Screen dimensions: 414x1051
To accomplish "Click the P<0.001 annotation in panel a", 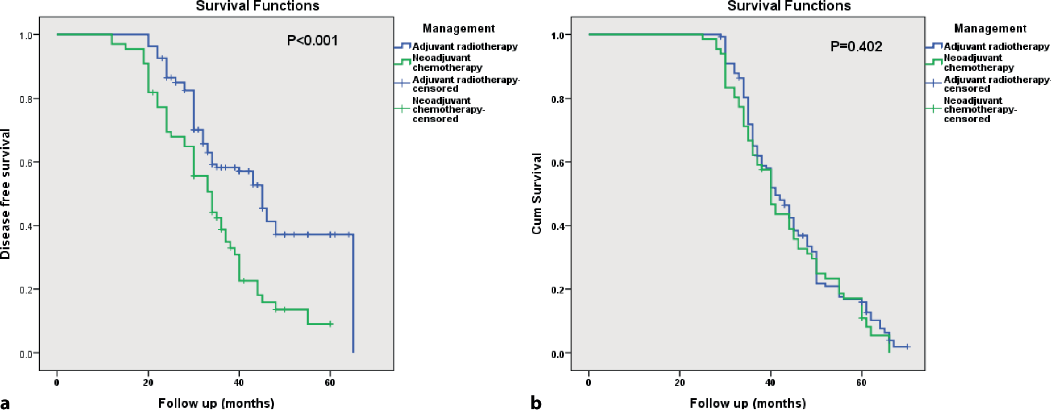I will pyautogui.click(x=312, y=40).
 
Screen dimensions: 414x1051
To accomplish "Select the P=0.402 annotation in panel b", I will pyautogui.click(x=856, y=47).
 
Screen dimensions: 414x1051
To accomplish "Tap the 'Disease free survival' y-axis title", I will pyautogui.click(x=6, y=194).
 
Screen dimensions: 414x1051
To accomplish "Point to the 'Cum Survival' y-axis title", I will pyautogui.click(x=536, y=194).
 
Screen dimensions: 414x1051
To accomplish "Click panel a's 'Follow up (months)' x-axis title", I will pyautogui.click(x=216, y=403).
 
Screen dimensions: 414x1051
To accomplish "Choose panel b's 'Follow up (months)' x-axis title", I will pyautogui.click(x=747, y=403).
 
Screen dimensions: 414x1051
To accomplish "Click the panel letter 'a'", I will pyautogui.click(x=5, y=404).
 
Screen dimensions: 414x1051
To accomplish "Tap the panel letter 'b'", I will pyautogui.click(x=536, y=403).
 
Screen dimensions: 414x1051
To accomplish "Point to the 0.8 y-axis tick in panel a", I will pyautogui.click(x=26, y=99).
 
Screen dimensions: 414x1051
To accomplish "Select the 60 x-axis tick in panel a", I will pyautogui.click(x=330, y=383).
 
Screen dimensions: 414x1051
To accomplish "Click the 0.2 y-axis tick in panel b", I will pyautogui.click(x=557, y=290).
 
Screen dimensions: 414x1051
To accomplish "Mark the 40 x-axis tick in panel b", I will pyautogui.click(x=770, y=383).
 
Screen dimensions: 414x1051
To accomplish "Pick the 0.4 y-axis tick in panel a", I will pyautogui.click(x=26, y=226).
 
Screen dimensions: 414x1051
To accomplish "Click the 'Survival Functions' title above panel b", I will pyautogui.click(x=789, y=6).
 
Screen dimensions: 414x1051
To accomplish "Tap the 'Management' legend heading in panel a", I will pyautogui.click(x=459, y=28).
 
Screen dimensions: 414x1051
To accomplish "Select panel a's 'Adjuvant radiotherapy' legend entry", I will pyautogui.click(x=465, y=47).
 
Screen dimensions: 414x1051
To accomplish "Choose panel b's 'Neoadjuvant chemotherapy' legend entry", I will pyautogui.click(x=978, y=62).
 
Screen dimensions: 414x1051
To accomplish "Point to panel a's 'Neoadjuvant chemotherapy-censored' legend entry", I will pyautogui.click(x=448, y=110).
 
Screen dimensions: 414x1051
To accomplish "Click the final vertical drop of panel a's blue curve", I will pyautogui.click(x=353, y=293).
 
